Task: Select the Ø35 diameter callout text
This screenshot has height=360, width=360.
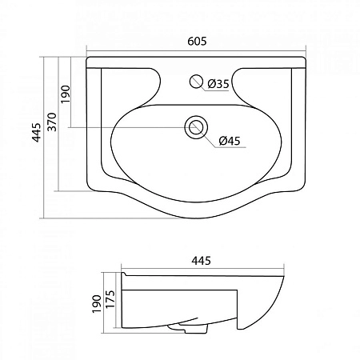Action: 218,82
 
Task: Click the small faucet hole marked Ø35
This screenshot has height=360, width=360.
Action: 194,82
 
